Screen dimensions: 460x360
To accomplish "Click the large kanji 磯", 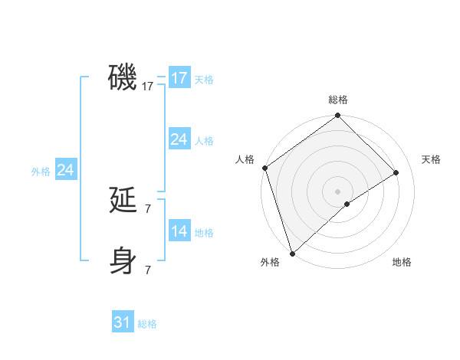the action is click(x=123, y=77).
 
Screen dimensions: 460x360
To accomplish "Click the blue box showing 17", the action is click(x=179, y=78).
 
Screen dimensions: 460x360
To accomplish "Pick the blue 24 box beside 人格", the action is click(x=179, y=139).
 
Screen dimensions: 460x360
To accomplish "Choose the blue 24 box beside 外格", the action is click(x=66, y=170).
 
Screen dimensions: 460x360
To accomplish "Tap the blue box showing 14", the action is click(x=179, y=231).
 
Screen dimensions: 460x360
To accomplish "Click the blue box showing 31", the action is click(x=123, y=322).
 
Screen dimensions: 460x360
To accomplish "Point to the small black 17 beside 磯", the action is click(x=148, y=87).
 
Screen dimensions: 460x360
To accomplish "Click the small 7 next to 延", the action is click(x=148, y=208).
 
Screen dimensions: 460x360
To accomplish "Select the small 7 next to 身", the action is click(x=148, y=269).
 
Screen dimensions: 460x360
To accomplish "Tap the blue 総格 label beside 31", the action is click(x=147, y=324).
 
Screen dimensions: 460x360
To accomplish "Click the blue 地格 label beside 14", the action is click(x=204, y=233).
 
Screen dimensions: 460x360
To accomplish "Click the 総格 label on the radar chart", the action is click(x=338, y=100).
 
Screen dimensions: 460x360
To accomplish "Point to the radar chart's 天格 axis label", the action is click(x=431, y=159).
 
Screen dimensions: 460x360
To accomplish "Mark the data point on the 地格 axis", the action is click(x=347, y=204).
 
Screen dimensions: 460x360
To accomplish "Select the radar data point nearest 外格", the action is click(x=292, y=253).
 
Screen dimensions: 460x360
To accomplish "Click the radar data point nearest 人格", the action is click(x=264, y=168).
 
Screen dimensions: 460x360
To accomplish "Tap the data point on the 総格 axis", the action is click(x=338, y=116).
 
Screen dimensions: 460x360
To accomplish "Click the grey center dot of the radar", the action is click(x=338, y=191).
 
